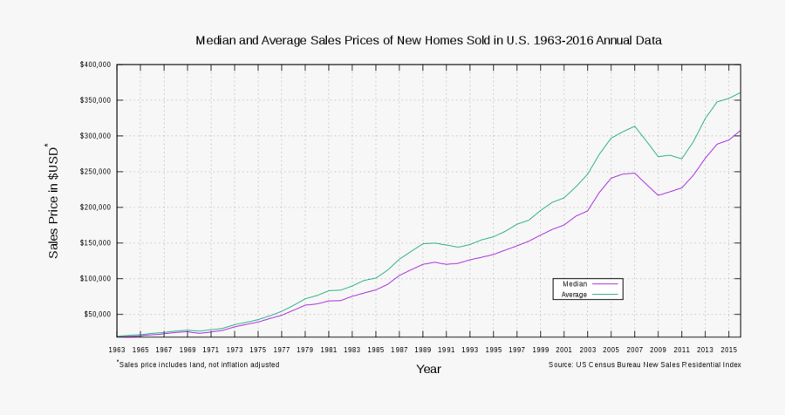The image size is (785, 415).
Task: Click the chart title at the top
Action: pyautogui.click(x=428, y=41)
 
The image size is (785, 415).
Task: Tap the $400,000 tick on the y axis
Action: pyautogui.click(x=94, y=65)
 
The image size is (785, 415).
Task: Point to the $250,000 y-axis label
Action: pyautogui.click(x=94, y=172)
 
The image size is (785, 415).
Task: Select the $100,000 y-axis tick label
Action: pyautogui.click(x=94, y=279)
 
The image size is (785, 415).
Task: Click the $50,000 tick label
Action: pyautogui.click(x=96, y=315)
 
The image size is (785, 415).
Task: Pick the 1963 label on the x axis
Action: pyautogui.click(x=117, y=350)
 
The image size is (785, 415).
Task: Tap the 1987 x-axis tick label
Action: pyautogui.click(x=399, y=350)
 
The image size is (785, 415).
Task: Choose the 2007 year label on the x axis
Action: pyautogui.click(x=635, y=350)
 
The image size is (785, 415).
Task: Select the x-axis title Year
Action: pyautogui.click(x=428, y=370)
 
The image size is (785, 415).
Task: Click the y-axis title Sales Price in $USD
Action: pyautogui.click(x=54, y=200)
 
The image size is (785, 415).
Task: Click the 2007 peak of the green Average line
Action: pyautogui.click(x=635, y=126)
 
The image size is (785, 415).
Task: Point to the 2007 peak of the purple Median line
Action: pyautogui.click(x=635, y=173)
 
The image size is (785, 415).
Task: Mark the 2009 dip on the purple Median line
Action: pyautogui.click(x=659, y=195)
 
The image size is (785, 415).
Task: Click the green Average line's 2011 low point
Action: pyautogui.click(x=682, y=159)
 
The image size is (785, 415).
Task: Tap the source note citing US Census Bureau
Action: pyautogui.click(x=645, y=364)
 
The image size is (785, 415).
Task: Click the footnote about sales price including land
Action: pyautogui.click(x=199, y=364)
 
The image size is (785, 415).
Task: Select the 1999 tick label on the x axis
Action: pyautogui.click(x=541, y=350)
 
